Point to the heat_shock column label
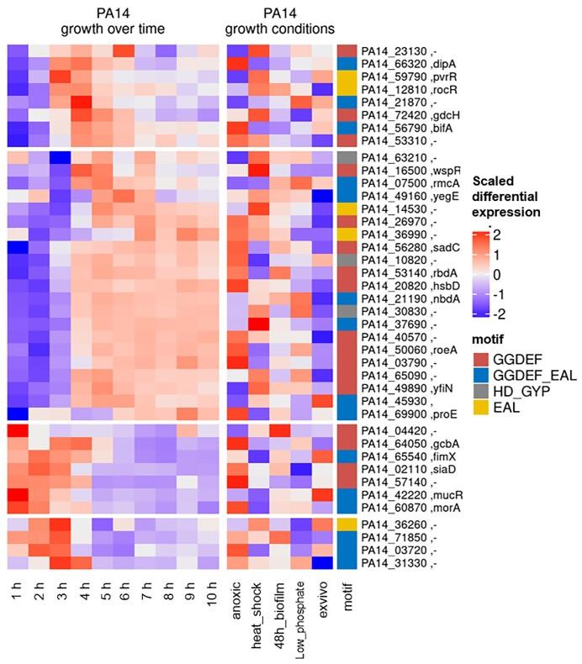258,608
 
